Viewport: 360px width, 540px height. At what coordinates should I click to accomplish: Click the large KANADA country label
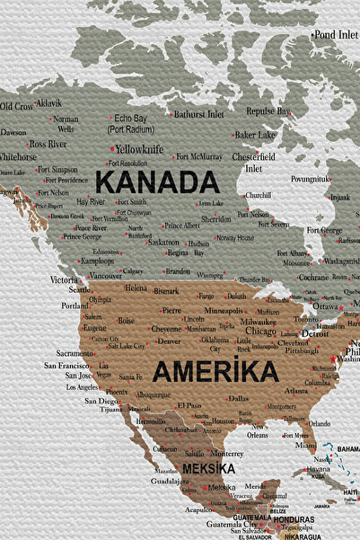(157, 182)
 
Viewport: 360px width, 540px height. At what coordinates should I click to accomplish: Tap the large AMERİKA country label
(215, 370)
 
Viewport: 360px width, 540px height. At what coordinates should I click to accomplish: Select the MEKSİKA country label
(208, 469)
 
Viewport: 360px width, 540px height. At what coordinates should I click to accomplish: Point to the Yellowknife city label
(139, 148)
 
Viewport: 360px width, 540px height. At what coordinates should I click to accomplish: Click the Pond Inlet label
(336, 34)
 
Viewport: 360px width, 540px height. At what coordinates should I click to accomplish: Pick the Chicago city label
(260, 331)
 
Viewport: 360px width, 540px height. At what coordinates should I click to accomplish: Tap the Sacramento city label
(75, 353)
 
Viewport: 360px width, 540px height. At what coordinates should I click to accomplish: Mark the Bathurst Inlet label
(198, 114)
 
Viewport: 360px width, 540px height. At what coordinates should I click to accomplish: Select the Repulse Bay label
(268, 111)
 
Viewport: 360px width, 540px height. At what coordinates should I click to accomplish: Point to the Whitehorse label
(18, 156)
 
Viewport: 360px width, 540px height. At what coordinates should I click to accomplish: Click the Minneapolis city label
(224, 310)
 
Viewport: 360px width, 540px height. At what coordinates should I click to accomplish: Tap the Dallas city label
(238, 397)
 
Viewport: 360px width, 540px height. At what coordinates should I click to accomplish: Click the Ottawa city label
(326, 306)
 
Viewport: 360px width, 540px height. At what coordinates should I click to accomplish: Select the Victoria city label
(64, 280)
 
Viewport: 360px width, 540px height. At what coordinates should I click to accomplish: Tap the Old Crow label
(16, 107)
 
